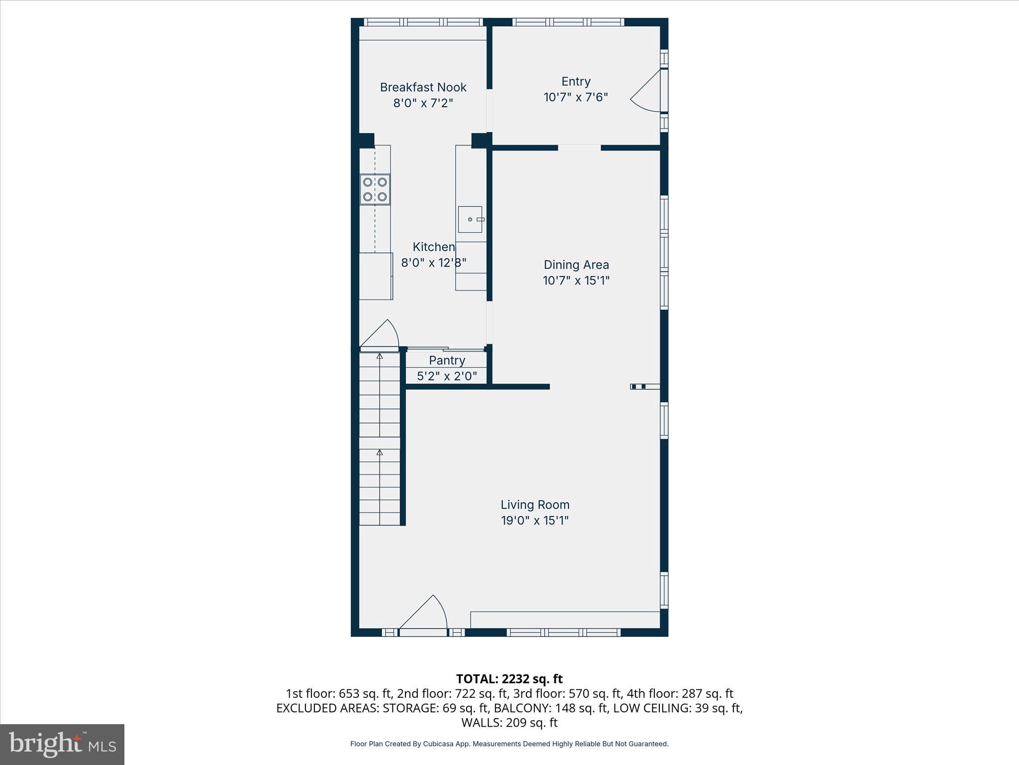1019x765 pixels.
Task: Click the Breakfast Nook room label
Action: [x=423, y=87]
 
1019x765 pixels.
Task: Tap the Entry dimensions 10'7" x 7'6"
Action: [x=576, y=97]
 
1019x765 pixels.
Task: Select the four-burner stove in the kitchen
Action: [x=375, y=189]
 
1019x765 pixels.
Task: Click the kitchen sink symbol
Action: [x=470, y=220]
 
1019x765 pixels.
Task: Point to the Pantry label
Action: [x=447, y=360]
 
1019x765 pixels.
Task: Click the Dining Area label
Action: [x=576, y=264]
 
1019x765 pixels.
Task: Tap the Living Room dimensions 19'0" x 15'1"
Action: [x=534, y=520]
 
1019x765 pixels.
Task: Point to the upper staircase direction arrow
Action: [x=380, y=357]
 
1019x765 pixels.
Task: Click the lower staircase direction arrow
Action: [x=380, y=453]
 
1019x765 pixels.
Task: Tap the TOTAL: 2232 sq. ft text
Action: [x=509, y=679]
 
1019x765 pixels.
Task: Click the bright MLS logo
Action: [x=62, y=744]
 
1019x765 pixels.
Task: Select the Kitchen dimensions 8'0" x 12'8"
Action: [x=433, y=262]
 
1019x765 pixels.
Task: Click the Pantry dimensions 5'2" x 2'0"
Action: [x=447, y=376]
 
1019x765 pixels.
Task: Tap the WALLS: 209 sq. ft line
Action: [x=509, y=722]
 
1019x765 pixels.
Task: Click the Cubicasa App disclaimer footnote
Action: [x=509, y=744]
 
